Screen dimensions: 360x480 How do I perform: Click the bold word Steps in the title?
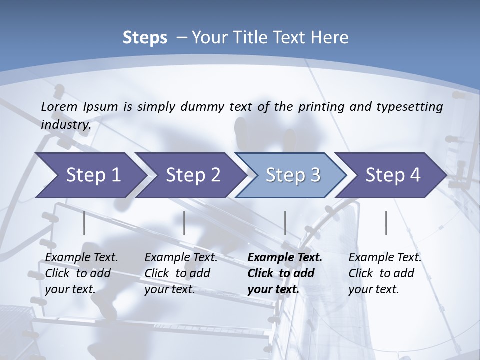[x=145, y=38]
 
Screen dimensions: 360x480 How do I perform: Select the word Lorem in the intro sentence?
[x=59, y=106]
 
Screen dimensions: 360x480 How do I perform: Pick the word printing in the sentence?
[x=320, y=106]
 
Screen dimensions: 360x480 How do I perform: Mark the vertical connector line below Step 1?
[x=84, y=223]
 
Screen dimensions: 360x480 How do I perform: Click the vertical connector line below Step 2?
[x=184, y=223]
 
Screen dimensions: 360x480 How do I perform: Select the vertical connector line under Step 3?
[x=285, y=223]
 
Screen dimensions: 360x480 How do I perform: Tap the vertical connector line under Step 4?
[x=386, y=223]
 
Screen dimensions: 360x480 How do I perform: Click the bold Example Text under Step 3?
[x=285, y=257]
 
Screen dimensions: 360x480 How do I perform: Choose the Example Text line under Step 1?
[x=81, y=257]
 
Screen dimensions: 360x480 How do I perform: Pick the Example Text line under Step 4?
[x=385, y=257]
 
